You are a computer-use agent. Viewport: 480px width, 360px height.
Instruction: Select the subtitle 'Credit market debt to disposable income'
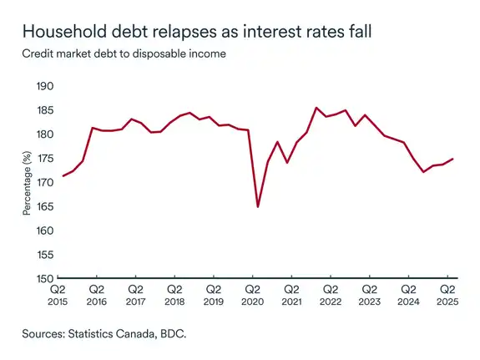123,54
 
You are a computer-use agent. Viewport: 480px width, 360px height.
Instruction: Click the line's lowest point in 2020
257,206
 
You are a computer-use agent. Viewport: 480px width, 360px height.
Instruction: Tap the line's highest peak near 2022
316,108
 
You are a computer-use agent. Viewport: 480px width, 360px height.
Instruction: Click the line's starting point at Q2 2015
63,175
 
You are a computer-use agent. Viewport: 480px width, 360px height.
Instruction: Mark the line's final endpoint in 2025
453,159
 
